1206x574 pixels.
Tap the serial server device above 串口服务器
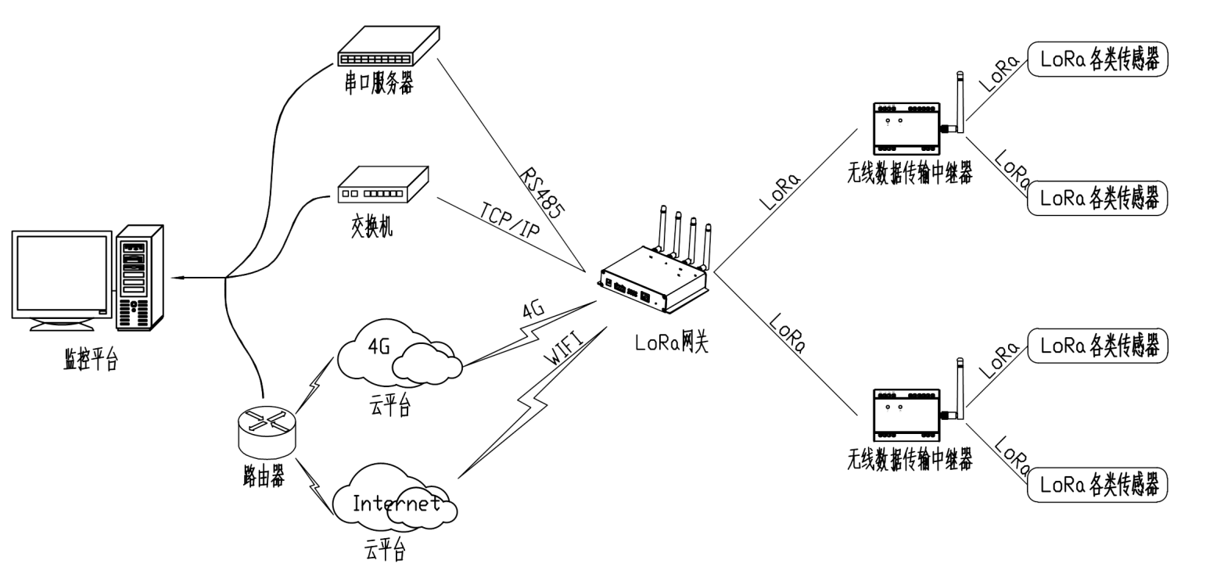(387, 47)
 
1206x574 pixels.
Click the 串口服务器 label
(379, 83)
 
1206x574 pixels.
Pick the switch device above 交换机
(382, 185)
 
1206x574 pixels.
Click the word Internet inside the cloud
(396, 504)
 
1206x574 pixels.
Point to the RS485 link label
(542, 192)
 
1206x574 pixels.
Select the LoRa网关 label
(671, 342)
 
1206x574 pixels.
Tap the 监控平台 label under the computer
(91, 361)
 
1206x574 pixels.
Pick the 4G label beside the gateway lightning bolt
(534, 310)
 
